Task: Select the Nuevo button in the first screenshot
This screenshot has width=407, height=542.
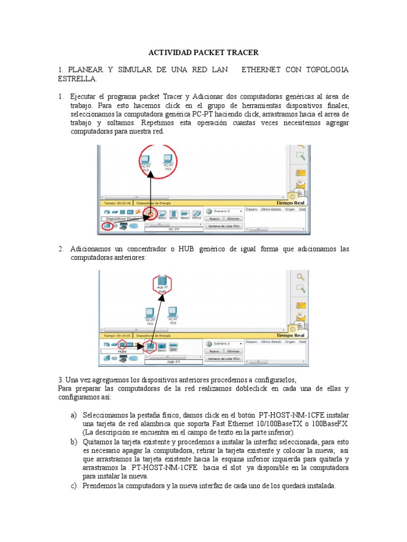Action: pos(214,218)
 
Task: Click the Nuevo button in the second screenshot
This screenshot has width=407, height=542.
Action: pos(214,351)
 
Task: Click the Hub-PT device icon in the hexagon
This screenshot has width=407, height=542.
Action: pos(162,281)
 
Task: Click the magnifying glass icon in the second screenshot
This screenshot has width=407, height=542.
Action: pos(300,277)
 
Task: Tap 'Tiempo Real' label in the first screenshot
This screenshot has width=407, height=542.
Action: pos(290,202)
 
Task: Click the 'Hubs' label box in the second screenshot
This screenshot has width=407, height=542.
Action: pos(122,351)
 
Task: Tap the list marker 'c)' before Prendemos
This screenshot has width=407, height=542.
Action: pos(74,486)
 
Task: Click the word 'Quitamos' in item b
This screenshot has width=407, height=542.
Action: pos(98,441)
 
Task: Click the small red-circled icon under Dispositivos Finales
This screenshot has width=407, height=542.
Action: pos(107,226)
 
